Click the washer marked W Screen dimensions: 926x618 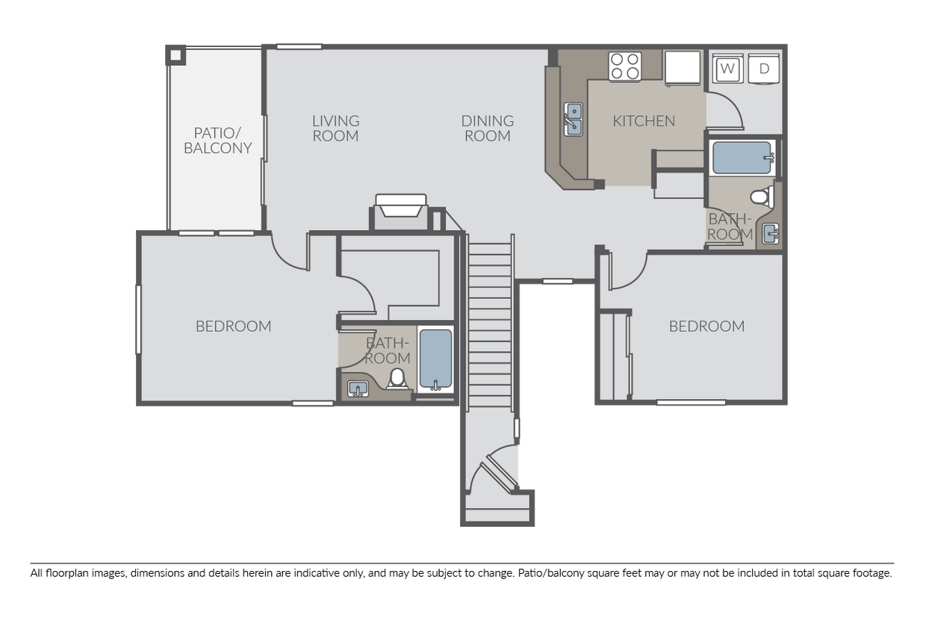pyautogui.click(x=727, y=69)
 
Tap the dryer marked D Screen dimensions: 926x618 pyautogui.click(x=763, y=69)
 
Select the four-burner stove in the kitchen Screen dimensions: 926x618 pyautogui.click(x=624, y=67)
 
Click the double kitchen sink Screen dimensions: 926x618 pyautogui.click(x=574, y=119)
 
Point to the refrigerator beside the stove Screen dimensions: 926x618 pyautogui.click(x=683, y=68)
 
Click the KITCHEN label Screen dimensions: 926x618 pyautogui.click(x=644, y=121)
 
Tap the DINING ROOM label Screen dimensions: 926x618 pyautogui.click(x=488, y=129)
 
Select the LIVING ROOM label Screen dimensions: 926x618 pyautogui.click(x=336, y=129)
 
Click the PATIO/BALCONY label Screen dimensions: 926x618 pyautogui.click(x=218, y=140)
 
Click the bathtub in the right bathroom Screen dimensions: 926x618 pyautogui.click(x=743, y=158)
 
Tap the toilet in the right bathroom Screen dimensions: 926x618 pyautogui.click(x=762, y=197)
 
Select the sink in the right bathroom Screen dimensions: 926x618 pyautogui.click(x=771, y=234)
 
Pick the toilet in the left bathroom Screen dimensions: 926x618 pyautogui.click(x=397, y=378)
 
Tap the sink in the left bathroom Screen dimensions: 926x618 pyautogui.click(x=358, y=389)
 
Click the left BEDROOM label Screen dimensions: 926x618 pyautogui.click(x=234, y=327)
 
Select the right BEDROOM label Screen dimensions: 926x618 pyautogui.click(x=707, y=327)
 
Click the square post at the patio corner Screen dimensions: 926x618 pyautogui.click(x=175, y=55)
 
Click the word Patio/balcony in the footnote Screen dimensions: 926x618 pyautogui.click(x=551, y=573)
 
